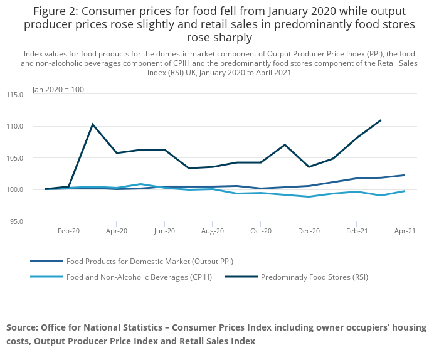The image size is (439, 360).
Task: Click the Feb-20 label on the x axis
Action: tap(68, 231)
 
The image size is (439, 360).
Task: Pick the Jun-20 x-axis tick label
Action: tap(164, 231)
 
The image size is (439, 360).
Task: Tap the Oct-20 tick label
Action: tap(260, 231)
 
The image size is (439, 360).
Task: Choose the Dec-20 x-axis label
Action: tap(309, 231)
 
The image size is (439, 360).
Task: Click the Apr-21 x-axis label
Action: tap(405, 231)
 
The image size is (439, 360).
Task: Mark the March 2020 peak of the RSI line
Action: tap(93, 124)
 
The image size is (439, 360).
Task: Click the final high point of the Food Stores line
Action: tap(381, 120)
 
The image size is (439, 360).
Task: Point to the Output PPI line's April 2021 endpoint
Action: tap(405, 175)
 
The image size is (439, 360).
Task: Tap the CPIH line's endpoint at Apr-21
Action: tap(405, 191)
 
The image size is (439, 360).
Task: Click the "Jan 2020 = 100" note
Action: tap(58, 89)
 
